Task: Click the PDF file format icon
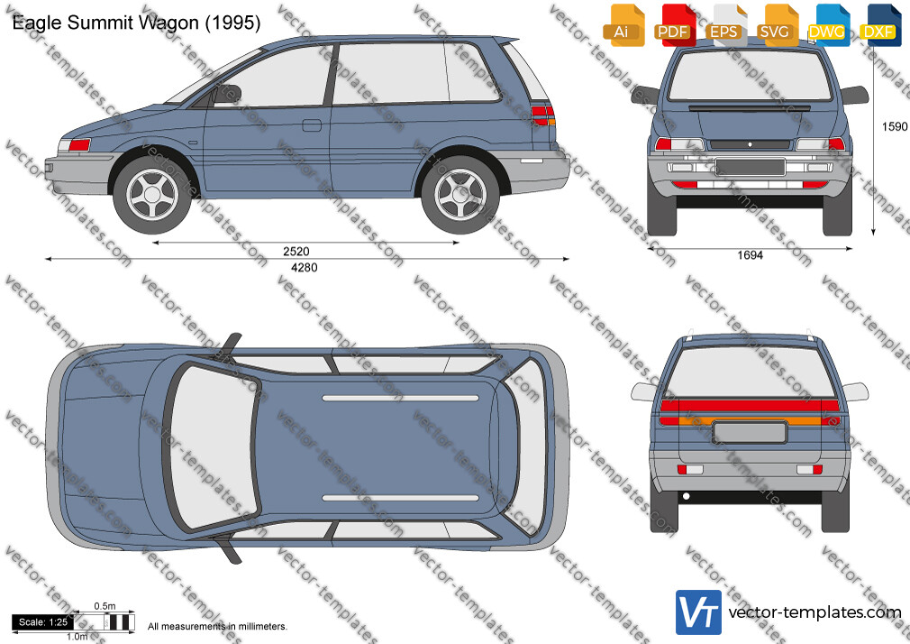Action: (674, 25)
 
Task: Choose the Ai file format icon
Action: (623, 25)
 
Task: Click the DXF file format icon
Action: (880, 25)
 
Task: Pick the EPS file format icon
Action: (726, 25)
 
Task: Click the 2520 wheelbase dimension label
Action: (296, 252)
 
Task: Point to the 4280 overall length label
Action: (305, 267)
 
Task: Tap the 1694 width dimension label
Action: (750, 255)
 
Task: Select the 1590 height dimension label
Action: (895, 126)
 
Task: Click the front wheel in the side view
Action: (152, 195)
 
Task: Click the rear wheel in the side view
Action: (460, 195)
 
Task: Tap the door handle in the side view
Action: (312, 125)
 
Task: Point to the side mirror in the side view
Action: (227, 94)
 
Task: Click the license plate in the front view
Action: (750, 167)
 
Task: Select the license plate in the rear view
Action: (750, 433)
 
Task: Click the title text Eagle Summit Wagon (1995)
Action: (136, 23)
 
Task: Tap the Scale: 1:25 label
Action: (43, 622)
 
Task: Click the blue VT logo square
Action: (699, 612)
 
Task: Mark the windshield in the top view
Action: (212, 446)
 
